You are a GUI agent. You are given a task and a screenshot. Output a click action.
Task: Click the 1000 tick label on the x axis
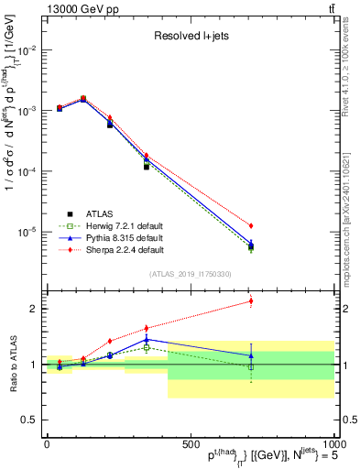tap(331, 443)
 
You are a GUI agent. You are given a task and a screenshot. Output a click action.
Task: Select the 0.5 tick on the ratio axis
tap(31, 420)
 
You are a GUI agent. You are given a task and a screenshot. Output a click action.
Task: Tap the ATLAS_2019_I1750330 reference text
tap(190, 274)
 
